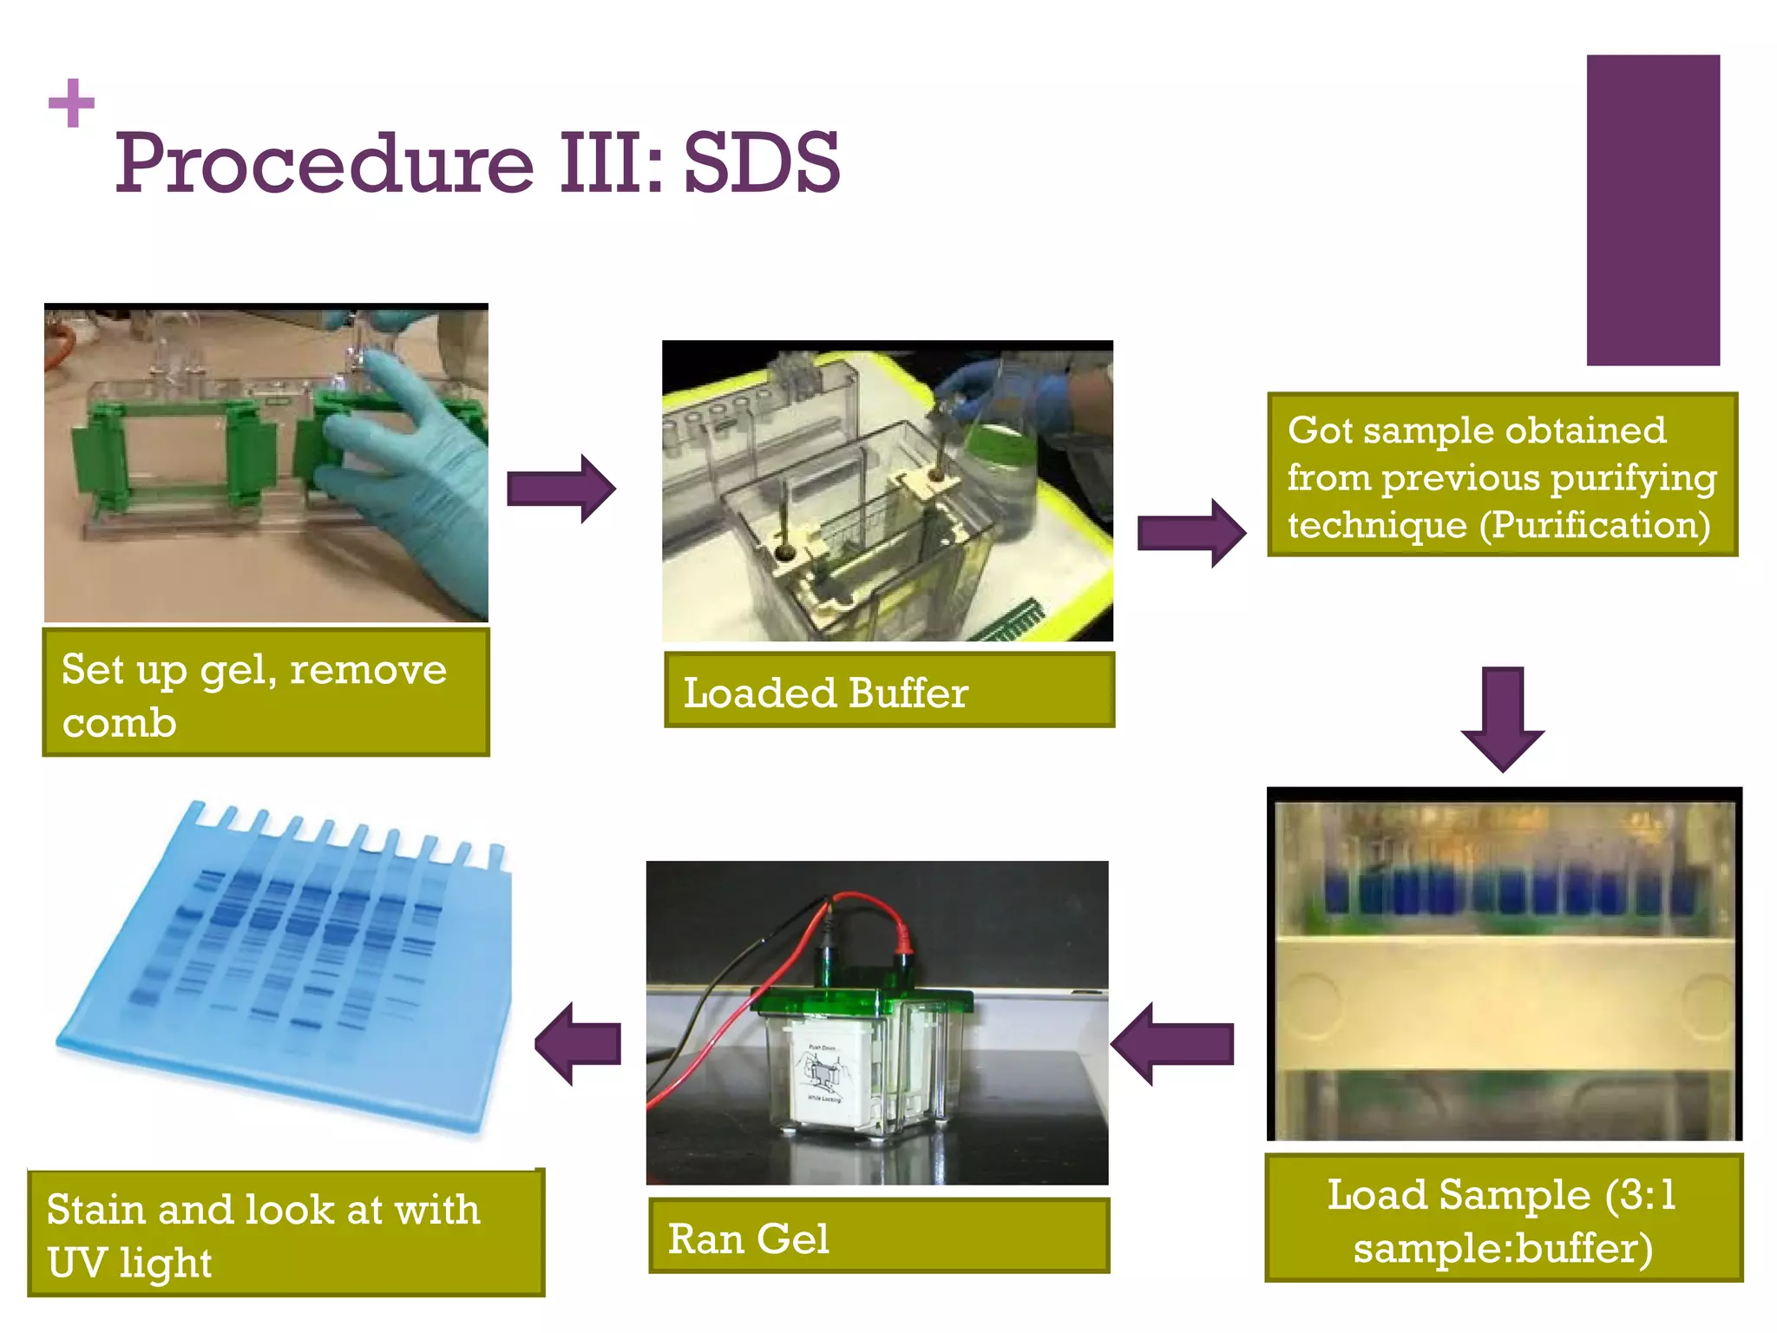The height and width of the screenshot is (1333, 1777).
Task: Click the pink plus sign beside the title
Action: click(x=71, y=103)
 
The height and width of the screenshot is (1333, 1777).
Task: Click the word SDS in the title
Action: click(x=761, y=163)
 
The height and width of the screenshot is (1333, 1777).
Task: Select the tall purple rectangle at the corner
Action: click(x=1652, y=210)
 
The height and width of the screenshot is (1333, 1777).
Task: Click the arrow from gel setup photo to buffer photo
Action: click(x=561, y=489)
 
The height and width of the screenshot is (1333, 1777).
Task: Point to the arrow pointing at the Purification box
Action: click(x=1191, y=533)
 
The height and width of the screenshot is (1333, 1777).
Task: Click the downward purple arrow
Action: click(x=1503, y=719)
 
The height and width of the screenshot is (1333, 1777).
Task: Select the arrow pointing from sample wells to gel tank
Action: click(x=1171, y=1043)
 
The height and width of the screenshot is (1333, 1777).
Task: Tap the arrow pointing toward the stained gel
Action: click(x=578, y=1043)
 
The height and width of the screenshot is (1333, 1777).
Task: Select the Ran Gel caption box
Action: click(x=878, y=1237)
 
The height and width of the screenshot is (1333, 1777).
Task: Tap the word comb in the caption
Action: click(x=119, y=723)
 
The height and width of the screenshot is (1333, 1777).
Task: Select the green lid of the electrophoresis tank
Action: click(x=863, y=1002)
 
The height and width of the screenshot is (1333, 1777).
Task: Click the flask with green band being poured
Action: click(x=998, y=460)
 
